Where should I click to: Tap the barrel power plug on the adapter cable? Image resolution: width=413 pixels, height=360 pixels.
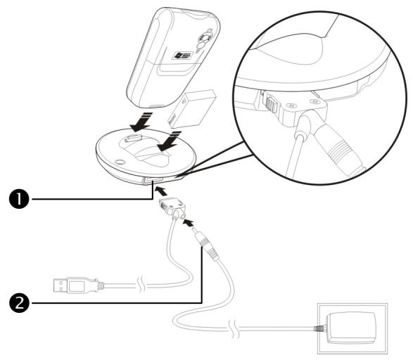click(205, 245)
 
